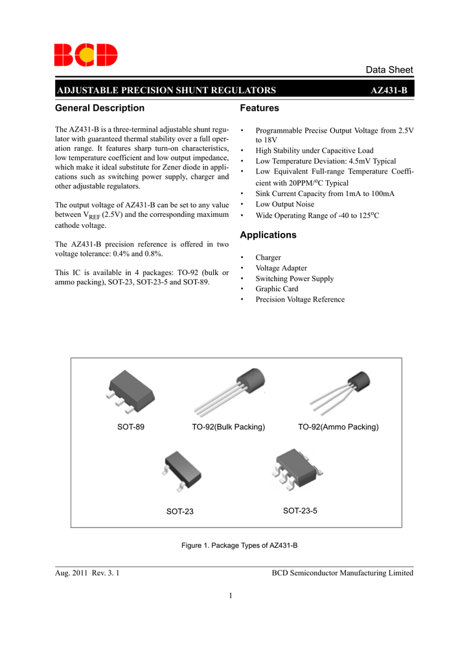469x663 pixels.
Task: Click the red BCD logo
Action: [86, 55]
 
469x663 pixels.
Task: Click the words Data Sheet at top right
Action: [389, 70]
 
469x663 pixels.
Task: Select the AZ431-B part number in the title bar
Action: [389, 90]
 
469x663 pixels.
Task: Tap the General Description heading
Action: [100, 108]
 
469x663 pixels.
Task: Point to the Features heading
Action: [259, 108]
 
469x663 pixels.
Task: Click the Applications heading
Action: [268, 235]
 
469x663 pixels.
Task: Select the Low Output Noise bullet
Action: [284, 204]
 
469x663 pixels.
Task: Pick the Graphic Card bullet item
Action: [277, 289]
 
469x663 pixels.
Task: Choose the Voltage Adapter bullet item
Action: [281, 268]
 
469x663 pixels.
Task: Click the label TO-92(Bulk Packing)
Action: [229, 427]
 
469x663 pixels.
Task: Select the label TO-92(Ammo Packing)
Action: [338, 427]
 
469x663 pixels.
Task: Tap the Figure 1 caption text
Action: [239, 546]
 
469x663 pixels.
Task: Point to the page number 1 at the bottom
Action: [230, 596]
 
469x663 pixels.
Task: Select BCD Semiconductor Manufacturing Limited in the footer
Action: [342, 573]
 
